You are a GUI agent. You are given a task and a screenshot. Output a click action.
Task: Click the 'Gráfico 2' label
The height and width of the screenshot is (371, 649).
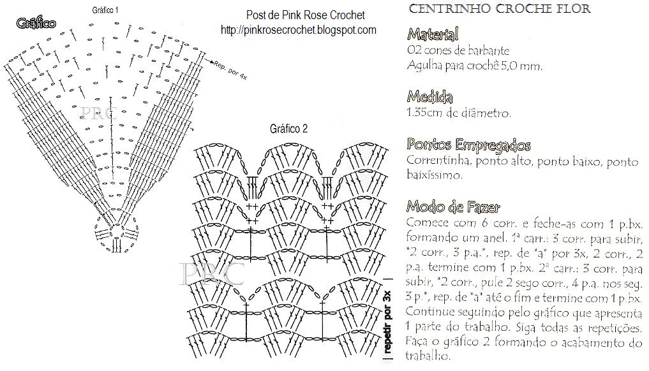click(x=288, y=128)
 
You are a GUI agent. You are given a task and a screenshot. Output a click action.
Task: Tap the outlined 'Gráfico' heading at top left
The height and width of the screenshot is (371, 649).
click(x=36, y=24)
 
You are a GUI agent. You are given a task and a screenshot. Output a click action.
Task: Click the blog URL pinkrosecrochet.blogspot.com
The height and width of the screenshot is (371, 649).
click(x=298, y=30)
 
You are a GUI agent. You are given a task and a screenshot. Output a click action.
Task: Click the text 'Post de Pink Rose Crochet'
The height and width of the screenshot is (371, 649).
click(x=305, y=15)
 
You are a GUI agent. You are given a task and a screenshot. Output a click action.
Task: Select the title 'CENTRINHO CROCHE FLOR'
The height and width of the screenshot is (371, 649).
click(x=499, y=9)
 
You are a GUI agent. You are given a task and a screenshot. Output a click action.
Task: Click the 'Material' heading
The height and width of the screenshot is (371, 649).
click(x=433, y=34)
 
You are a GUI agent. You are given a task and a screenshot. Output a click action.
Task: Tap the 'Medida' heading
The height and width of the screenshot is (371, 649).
click(x=429, y=97)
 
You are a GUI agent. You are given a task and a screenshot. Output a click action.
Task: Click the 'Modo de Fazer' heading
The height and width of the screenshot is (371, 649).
click(x=453, y=207)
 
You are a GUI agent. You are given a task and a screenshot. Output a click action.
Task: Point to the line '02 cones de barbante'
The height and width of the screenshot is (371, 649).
click(x=458, y=50)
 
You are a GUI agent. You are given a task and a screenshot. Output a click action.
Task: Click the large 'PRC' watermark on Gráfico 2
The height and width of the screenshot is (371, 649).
click(x=213, y=273)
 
